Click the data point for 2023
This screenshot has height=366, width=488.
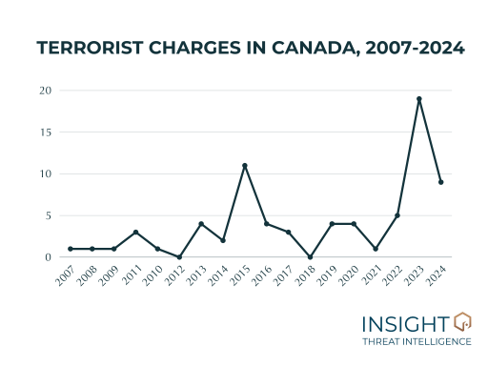[418, 99]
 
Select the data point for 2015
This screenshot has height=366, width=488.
[245, 166]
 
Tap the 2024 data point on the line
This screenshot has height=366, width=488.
[440, 182]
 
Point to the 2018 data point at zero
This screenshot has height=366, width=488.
[310, 257]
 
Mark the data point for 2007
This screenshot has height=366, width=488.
[71, 249]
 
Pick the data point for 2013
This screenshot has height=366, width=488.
[201, 224]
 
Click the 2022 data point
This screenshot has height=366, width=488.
[396, 215]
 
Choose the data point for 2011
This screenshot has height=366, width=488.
[135, 233]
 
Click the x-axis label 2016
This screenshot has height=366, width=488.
[260, 274]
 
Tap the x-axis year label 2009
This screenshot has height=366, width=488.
[108, 274]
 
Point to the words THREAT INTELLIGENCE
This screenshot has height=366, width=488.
[417, 341]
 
